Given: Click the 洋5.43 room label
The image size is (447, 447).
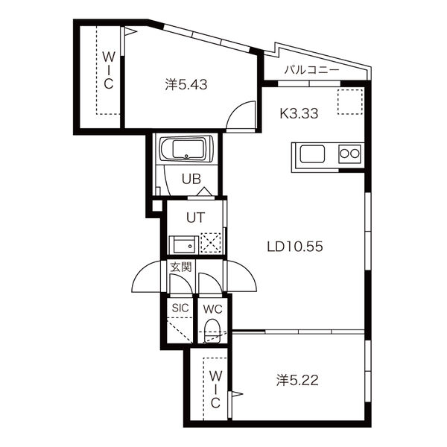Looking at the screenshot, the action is pos(186,85).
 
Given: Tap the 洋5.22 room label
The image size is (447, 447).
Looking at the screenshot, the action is pos(297,380).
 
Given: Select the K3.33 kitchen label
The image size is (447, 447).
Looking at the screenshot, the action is pos(299,113).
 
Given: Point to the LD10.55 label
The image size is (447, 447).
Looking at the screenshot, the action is pos(295,247).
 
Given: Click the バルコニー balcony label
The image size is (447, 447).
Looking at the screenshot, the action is pos(312,70).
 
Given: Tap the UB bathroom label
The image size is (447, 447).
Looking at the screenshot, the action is pos(191,179).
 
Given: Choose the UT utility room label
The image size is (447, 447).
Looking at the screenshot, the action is pos(195,218).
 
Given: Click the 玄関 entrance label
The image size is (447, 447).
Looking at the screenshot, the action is pos(181,267).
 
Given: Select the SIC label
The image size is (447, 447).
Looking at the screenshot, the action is pos(180,308).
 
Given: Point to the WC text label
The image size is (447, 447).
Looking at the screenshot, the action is pos(212,309).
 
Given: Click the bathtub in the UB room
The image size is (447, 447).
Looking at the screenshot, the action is pos(186,149).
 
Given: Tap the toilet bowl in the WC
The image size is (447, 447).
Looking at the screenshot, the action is pos(212,331).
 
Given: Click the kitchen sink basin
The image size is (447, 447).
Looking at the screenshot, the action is pos(312,154).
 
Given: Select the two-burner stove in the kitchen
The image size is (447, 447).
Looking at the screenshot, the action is pos(350,154).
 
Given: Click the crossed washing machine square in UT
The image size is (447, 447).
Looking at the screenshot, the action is pos(211,243).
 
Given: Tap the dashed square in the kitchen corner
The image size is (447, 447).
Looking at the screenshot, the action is pos(350,102).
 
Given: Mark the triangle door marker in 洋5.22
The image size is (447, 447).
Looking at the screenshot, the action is pos(237,394).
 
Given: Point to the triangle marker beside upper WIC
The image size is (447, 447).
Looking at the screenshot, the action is pos(131,31).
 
